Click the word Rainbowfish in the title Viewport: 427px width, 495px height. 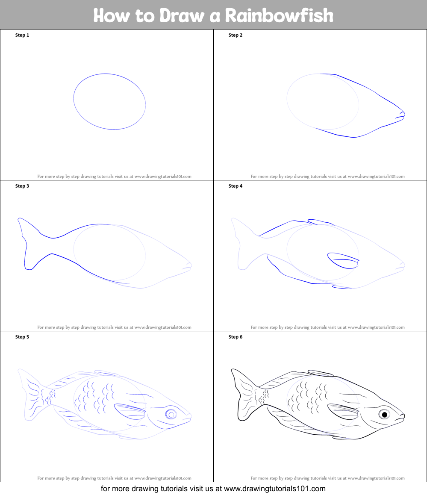(279, 15)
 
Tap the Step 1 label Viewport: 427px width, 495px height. (22, 35)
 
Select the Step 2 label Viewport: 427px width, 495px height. (236, 35)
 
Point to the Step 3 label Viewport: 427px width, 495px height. (22, 186)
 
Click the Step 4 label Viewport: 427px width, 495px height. (236, 186)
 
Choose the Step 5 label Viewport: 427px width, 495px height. (22, 337)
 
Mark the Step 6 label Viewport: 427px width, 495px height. (236, 337)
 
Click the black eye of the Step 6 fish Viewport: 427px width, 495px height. (384, 414)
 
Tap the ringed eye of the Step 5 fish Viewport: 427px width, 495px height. (171, 414)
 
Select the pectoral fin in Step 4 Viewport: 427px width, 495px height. (343, 260)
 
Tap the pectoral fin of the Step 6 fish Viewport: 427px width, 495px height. (343, 411)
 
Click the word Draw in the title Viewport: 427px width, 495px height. (182, 15)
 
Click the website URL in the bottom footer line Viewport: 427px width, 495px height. (274, 489)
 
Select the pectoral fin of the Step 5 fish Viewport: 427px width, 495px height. (130, 411)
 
